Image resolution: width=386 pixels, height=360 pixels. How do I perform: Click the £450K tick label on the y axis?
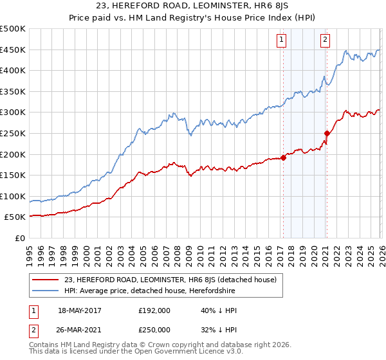13,50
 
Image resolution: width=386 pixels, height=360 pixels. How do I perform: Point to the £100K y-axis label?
13,196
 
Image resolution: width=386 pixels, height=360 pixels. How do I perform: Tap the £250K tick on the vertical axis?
13,134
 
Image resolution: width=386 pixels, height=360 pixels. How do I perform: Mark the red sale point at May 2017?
283,157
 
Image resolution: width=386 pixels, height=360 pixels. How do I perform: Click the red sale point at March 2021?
327,134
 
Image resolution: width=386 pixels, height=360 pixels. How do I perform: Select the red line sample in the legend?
45,280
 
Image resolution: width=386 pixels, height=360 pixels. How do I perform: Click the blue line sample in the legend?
45,291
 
